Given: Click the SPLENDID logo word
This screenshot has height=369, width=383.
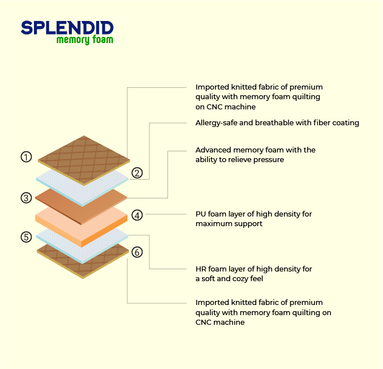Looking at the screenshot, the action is (67, 27).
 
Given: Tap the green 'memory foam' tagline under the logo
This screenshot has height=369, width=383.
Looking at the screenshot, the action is (85, 40).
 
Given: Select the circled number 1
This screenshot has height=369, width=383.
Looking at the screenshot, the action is (26, 157).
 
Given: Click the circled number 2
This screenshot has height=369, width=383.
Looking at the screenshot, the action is (137, 173).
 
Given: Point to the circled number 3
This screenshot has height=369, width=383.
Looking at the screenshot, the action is (26, 198).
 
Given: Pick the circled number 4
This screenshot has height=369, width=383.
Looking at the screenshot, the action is (137, 215).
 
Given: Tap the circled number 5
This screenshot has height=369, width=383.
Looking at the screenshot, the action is (26, 237).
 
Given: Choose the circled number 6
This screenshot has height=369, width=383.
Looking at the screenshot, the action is (137, 252).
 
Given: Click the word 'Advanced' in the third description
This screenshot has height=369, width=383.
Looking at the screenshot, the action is (213, 150).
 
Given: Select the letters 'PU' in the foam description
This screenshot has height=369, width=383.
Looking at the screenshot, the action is (200, 214).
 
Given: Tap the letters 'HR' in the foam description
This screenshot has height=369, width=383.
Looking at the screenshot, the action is (201, 269).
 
